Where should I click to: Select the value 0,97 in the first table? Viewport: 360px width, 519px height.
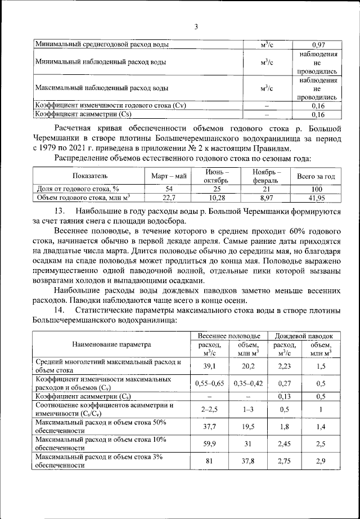[x=318, y=44]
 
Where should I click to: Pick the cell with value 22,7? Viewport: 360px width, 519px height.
[x=169, y=198]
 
